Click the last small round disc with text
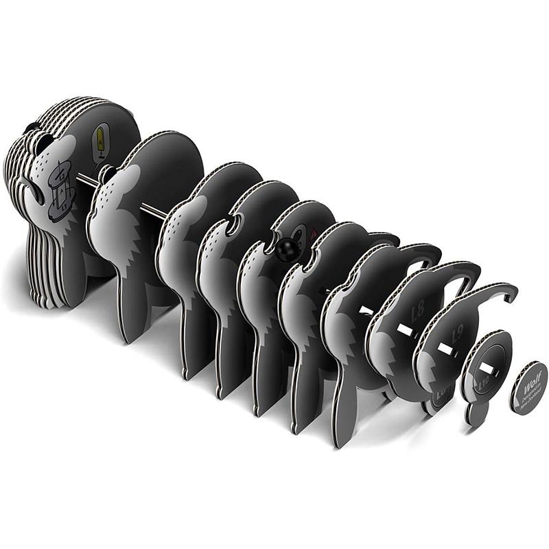(528, 388)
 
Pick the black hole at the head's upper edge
(32, 127)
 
